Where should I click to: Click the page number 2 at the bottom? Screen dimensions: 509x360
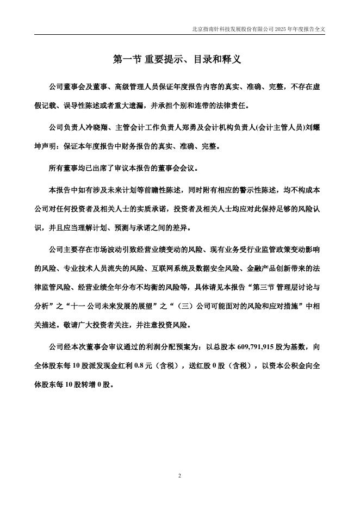point(179,476)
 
